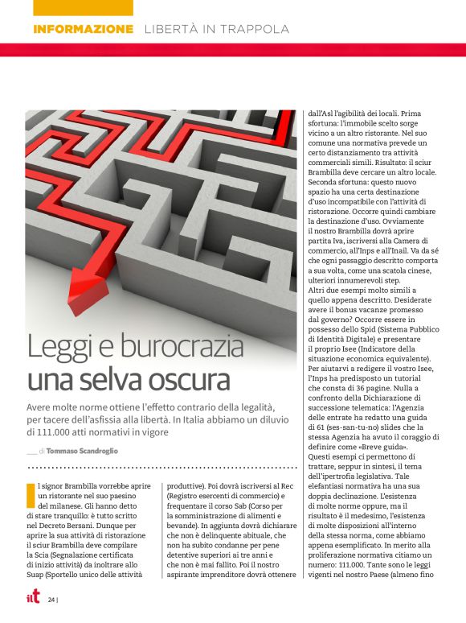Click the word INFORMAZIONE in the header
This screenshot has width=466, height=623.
[x=84, y=29]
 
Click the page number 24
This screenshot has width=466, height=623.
[x=50, y=600]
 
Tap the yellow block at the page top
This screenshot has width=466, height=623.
[x=84, y=7]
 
